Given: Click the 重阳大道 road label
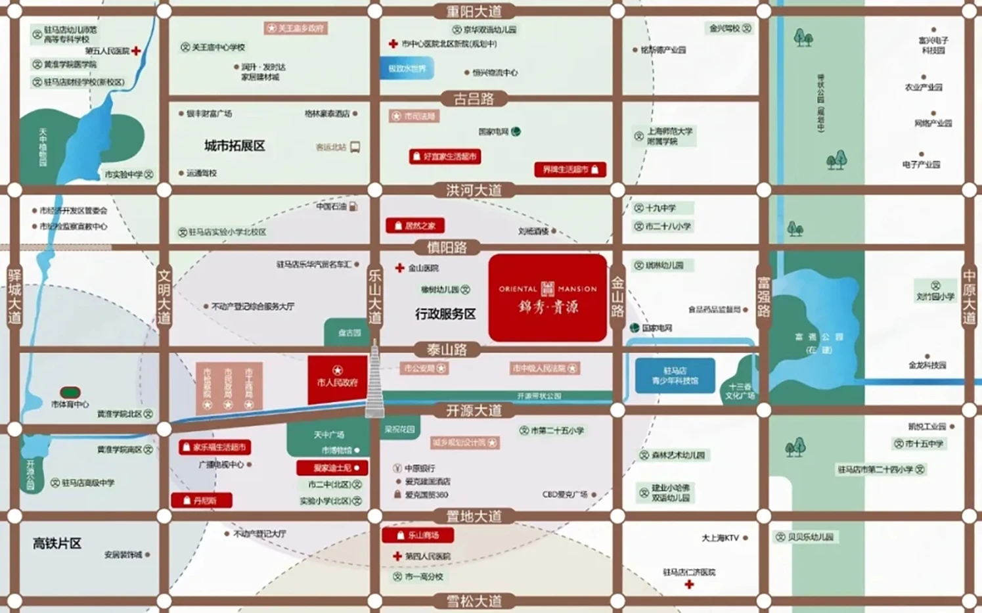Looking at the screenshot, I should pos(474,11).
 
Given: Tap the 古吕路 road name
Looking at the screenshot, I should pos(474,99).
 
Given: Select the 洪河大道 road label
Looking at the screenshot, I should pos(474,191).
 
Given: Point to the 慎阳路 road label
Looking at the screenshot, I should pos(447,248).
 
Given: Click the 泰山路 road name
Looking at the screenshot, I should pos(447,350).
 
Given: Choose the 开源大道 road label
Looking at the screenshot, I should pos(474,411).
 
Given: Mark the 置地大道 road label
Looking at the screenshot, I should pos(474,516).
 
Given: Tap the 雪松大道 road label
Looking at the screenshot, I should pos(474,601).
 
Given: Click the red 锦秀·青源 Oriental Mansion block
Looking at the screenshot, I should pos(547,298).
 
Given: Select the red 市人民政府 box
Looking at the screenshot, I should pos(338,380).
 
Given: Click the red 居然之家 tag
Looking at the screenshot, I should pos(415,226).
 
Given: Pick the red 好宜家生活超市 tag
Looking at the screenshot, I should pos(445,156).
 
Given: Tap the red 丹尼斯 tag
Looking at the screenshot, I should pos(202,501).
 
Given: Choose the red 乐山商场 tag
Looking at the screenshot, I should pos(417,535).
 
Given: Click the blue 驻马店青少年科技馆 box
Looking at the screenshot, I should pos(675,375).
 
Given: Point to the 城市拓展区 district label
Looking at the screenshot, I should pos(234,146).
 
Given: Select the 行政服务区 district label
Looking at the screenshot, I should pos(445,314).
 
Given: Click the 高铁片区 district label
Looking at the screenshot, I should pos(57,543).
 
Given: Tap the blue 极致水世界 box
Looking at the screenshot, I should pos(407,68).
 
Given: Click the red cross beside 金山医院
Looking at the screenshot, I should pos(399,268).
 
